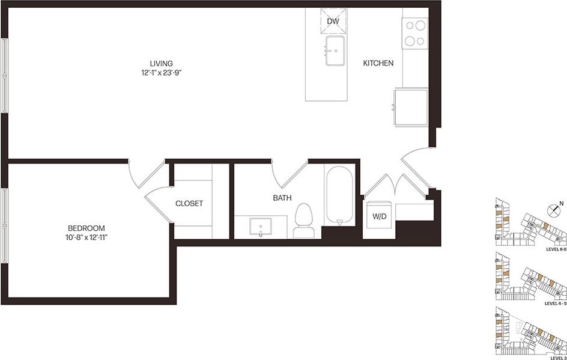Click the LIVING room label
[x=162, y=63]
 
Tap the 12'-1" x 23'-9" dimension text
[x=162, y=73]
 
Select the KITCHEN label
[x=378, y=63]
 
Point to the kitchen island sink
[x=335, y=50]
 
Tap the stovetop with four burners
[x=414, y=33]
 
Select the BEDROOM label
[x=86, y=228]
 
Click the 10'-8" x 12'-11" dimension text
[x=86, y=238]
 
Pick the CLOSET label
[x=189, y=204]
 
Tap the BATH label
[x=282, y=197]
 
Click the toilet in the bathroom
[x=305, y=220]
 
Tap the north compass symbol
[x=554, y=210]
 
